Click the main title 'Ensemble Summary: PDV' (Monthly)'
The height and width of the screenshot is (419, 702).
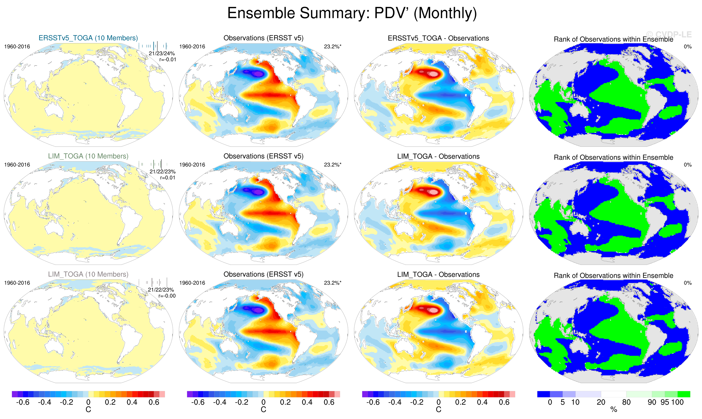[352, 13]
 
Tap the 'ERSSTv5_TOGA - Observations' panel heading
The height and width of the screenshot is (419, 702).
[438, 38]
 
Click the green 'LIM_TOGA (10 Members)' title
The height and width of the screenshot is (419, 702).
[88, 156]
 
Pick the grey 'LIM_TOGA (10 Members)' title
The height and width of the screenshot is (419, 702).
[88, 274]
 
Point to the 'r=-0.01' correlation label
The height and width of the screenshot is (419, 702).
[168, 60]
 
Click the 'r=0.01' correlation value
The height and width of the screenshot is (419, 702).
[168, 178]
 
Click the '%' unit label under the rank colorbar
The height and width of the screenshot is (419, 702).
[614, 410]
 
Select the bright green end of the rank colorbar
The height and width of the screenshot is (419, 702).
[684, 394]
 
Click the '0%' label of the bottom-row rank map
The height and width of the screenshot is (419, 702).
[688, 283]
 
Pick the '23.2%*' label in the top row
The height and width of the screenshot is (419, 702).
[333, 47]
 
